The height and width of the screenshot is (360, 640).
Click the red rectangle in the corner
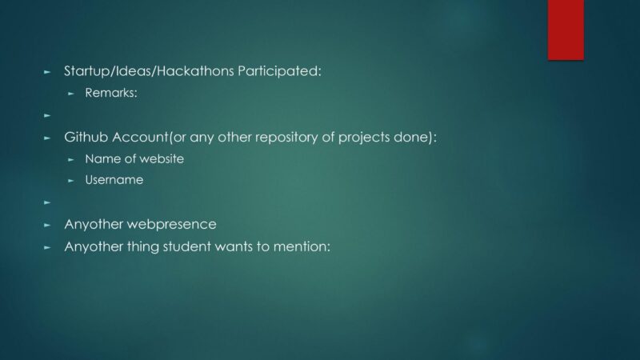coord(566,30)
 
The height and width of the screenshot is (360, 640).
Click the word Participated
coord(279,71)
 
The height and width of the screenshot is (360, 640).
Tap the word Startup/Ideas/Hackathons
coord(149,71)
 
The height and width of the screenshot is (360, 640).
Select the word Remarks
coord(110,93)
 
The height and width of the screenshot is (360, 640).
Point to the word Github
coord(86,137)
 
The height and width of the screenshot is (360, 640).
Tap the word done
coord(410,137)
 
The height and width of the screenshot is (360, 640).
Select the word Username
coord(114,180)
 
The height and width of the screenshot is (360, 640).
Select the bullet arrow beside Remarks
coord(71,94)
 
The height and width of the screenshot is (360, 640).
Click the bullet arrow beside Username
coord(71,181)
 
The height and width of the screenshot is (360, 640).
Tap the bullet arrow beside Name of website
coord(71,159)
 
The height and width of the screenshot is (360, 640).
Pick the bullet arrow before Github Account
coord(47,138)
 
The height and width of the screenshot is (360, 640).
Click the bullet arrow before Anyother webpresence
coord(47,225)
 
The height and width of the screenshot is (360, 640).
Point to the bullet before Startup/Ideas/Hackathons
coord(47,72)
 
